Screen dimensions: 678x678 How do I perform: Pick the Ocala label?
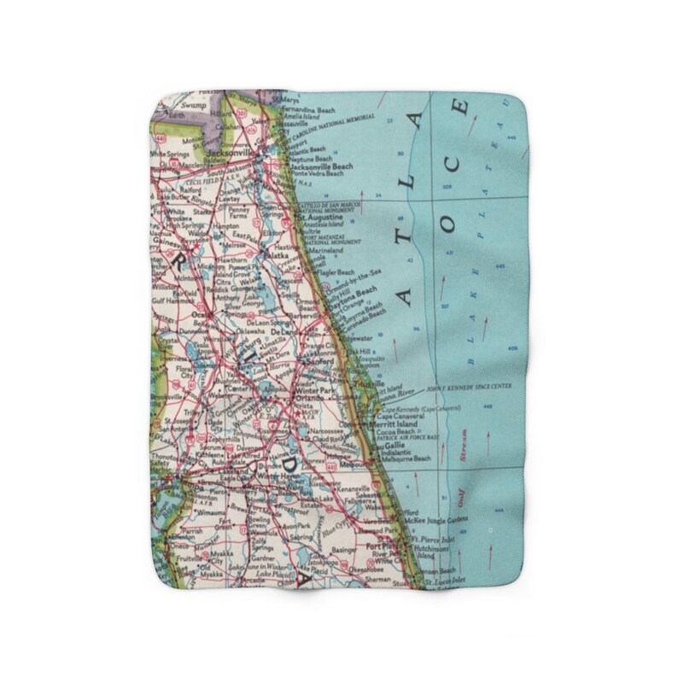coord(202,313)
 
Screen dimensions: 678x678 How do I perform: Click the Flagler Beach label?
coord(336,272)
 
